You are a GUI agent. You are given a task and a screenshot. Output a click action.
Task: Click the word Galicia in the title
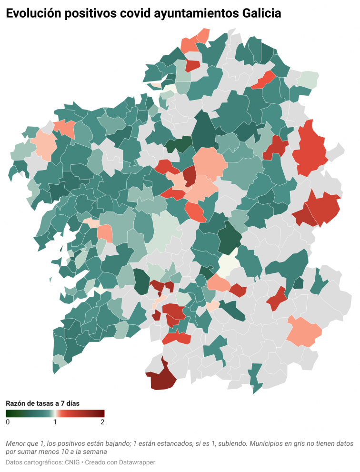(x=260, y=14)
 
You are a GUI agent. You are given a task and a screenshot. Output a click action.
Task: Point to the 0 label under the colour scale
(x=8, y=422)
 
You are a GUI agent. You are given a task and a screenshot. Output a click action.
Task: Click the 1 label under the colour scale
(x=55, y=422)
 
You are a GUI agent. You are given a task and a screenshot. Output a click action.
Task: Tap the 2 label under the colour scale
(x=102, y=422)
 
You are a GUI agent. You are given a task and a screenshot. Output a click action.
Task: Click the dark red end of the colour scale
(x=101, y=413)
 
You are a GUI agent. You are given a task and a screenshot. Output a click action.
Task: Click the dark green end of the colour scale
(x=9, y=413)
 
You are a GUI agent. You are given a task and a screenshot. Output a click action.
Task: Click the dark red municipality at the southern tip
(x=161, y=379)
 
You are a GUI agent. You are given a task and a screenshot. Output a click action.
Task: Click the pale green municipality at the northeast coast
(x=310, y=78)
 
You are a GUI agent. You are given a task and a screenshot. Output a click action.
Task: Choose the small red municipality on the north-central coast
(x=192, y=66)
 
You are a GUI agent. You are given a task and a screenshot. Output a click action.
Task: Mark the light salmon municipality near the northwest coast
(x=44, y=145)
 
